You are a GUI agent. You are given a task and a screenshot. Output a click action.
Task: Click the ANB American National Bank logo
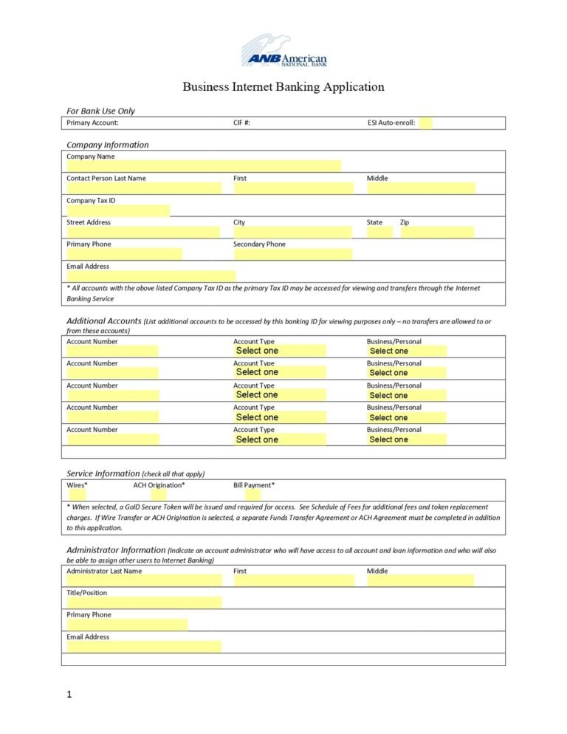(283, 52)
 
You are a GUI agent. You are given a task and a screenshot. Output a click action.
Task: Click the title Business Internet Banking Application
(283, 87)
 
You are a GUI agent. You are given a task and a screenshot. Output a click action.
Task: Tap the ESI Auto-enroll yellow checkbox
(425, 123)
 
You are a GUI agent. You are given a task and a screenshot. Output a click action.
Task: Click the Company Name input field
(204, 166)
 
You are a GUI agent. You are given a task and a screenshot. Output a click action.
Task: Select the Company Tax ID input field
(118, 210)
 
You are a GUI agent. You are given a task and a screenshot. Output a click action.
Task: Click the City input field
(293, 232)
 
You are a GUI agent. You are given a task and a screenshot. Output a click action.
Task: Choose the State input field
(379, 232)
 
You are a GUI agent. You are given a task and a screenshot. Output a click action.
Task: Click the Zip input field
(437, 232)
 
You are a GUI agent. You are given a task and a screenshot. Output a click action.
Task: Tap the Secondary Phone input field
(293, 254)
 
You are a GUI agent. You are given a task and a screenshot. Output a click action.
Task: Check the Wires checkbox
(77, 495)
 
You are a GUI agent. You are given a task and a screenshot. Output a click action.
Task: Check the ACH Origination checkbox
(159, 495)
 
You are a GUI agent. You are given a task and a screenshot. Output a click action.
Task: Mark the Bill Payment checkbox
(252, 495)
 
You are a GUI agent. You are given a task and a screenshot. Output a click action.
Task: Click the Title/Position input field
(144, 603)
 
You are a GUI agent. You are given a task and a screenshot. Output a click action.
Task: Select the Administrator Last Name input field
(144, 580)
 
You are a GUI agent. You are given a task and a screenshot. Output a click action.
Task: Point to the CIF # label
(241, 123)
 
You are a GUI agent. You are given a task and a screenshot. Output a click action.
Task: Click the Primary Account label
(92, 123)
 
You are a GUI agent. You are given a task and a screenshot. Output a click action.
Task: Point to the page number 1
(69, 694)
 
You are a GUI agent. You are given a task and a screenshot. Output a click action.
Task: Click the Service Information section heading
(103, 473)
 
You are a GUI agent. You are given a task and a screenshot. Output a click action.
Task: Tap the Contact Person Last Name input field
(144, 188)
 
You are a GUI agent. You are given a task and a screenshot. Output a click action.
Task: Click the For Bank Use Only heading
(100, 111)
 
